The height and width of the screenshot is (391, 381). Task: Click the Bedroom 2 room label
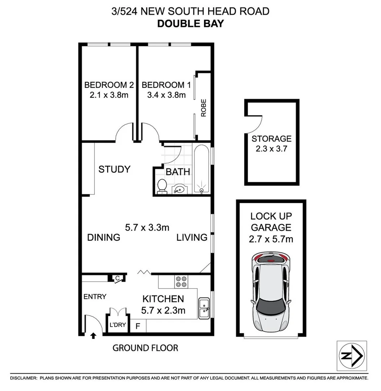click(109, 85)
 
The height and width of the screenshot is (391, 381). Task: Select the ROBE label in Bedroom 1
click(204, 108)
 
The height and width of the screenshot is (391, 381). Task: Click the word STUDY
click(114, 169)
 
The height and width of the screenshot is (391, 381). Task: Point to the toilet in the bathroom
click(162, 186)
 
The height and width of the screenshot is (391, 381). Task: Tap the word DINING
click(104, 237)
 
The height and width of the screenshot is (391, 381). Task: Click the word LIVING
click(192, 237)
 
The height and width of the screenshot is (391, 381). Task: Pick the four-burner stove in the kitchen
click(181, 282)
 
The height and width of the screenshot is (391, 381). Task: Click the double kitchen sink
click(204, 308)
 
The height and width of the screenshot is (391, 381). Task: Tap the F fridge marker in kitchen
click(138, 325)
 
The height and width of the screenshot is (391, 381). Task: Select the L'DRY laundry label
click(118, 325)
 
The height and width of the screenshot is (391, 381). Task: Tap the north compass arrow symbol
click(352, 356)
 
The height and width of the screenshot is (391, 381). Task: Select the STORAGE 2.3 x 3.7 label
click(271, 143)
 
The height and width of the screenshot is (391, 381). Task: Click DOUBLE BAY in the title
click(190, 23)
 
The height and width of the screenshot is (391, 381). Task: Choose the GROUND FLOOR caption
click(145, 348)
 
